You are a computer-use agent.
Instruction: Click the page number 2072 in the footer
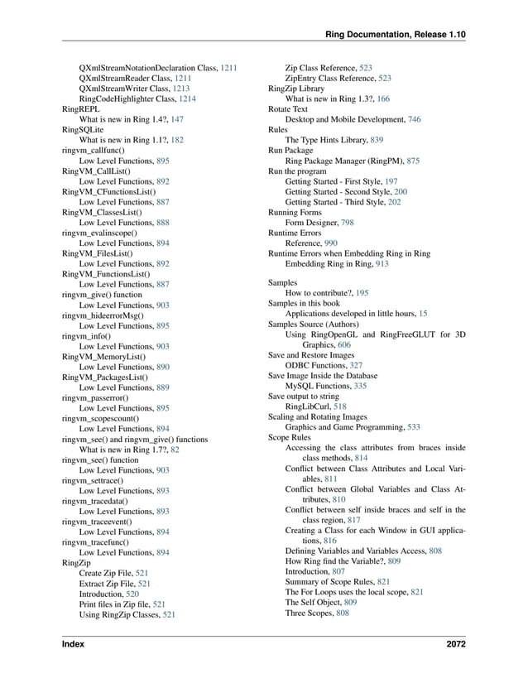[x=454, y=643]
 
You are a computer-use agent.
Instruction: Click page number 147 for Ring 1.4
[x=177, y=119]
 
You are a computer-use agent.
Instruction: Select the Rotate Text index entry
[x=288, y=108]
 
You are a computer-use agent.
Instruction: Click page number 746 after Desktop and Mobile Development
[x=414, y=119]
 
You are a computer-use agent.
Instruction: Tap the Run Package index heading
[x=290, y=152]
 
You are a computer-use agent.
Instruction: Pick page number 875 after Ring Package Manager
[x=412, y=162]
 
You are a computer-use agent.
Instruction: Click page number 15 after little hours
[x=423, y=314]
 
